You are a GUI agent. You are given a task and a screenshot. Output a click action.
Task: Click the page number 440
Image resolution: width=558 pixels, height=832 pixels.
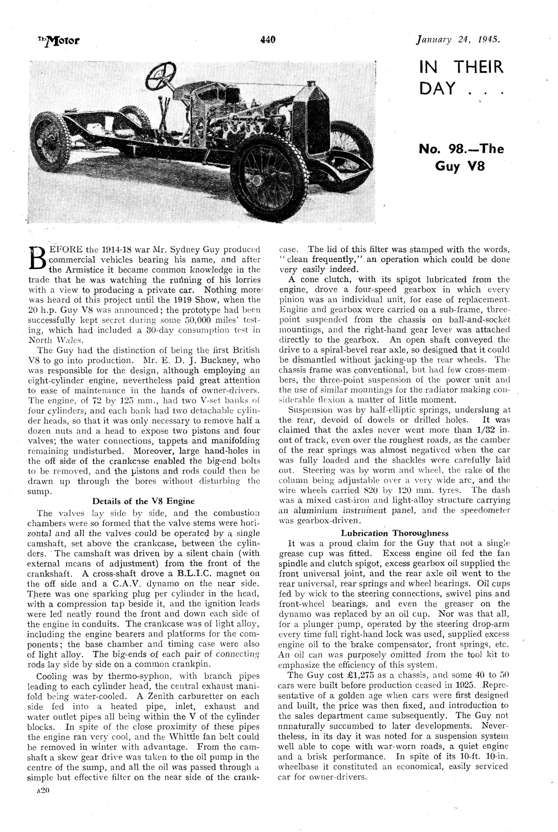(x=267, y=40)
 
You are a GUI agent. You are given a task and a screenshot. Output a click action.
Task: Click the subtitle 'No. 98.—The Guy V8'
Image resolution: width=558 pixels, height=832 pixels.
(x=461, y=157)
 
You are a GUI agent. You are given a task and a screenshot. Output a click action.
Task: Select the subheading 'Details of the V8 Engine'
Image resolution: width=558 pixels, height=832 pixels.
(x=143, y=501)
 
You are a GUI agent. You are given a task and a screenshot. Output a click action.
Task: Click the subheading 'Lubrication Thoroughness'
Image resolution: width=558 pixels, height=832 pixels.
(x=395, y=533)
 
